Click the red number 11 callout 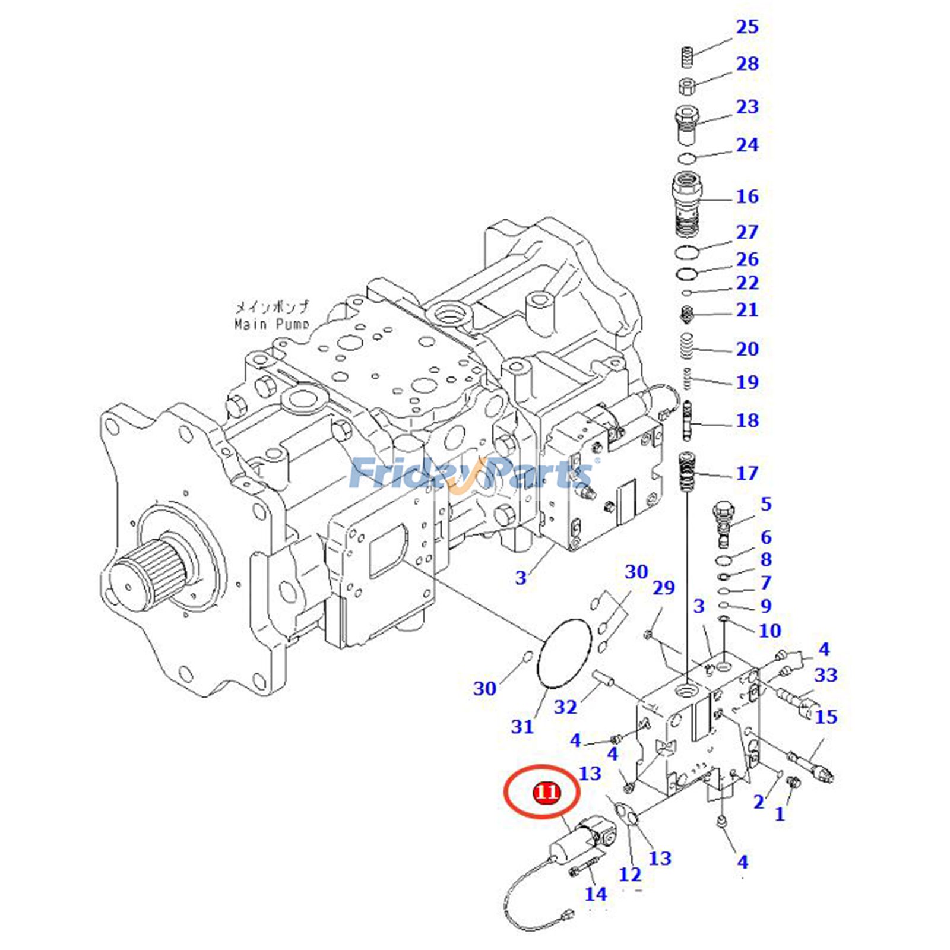point(546,792)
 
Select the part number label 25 point(747,27)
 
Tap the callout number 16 point(747,197)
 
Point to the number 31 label point(522,726)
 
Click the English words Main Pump point(271,324)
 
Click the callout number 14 point(596,894)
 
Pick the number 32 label point(565,707)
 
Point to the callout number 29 point(664,588)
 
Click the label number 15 point(825,717)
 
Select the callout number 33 point(825,675)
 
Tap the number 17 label point(747,473)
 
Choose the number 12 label point(630,874)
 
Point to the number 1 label point(780,813)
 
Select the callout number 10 point(769,631)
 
